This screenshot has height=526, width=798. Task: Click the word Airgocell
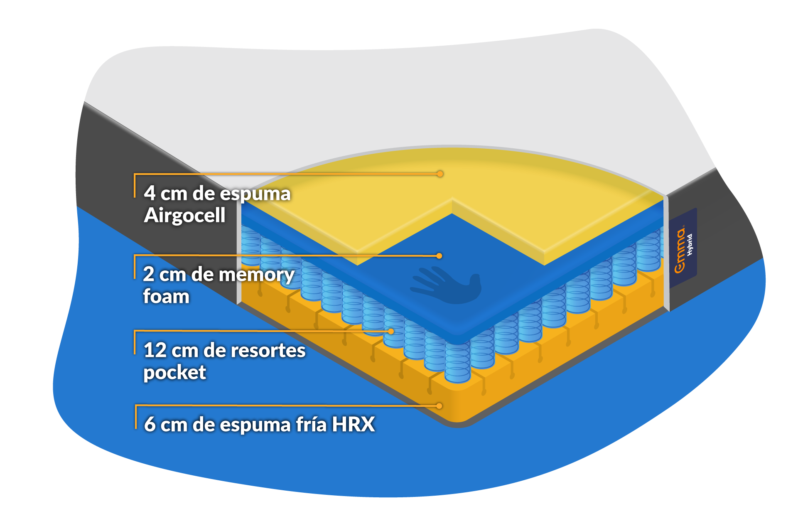pos(184,216)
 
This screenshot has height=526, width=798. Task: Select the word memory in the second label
pos(256,275)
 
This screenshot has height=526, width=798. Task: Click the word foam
pos(166,297)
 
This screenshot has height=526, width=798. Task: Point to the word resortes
pos(268,351)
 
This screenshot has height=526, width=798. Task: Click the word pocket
pos(174,373)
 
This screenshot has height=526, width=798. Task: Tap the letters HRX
pos(353,425)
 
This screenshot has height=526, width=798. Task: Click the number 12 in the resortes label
pos(155,351)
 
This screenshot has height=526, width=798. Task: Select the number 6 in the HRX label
pos(150,425)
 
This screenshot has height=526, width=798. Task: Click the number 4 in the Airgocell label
pos(150,194)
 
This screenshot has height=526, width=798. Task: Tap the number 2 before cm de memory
pos(149,275)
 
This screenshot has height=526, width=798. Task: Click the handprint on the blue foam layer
pos(447,284)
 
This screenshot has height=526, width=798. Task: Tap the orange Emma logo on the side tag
pos(680,251)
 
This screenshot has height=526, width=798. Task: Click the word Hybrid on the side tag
pos(690,245)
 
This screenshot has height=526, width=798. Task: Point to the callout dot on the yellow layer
pos(440,174)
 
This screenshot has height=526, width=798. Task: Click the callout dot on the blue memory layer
pos(439,256)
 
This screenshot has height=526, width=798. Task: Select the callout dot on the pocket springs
pos(391,332)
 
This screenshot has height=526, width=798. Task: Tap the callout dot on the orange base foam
pos(439,406)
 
